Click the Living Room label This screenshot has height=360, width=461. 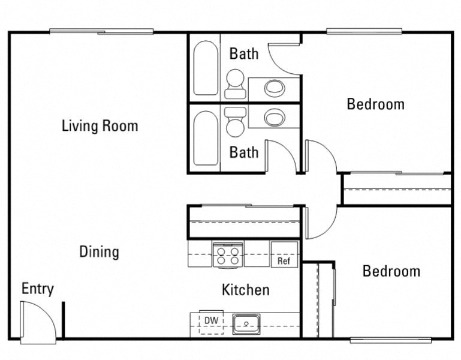tap(100, 126)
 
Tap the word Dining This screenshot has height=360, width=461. tap(99, 252)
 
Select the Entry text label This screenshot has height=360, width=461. tap(38, 289)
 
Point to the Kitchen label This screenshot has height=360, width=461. tap(245, 290)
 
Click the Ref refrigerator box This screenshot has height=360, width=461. tap(284, 254)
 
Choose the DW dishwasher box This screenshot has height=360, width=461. tap(211, 321)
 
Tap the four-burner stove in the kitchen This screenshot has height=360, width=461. tap(228, 254)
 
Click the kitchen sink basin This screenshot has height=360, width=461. tap(246, 324)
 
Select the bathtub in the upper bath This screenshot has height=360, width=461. tap(206, 68)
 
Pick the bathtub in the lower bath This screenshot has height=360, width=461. tap(206, 138)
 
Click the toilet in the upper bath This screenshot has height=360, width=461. tap(235, 83)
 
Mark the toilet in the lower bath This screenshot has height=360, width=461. tap(235, 121)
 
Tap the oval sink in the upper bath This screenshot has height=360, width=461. tap(275, 88)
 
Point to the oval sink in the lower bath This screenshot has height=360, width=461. tap(275, 116)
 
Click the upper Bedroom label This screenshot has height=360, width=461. tap(376, 104)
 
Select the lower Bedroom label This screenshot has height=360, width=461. tap(391, 271)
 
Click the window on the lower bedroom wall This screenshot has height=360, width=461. tap(390, 340)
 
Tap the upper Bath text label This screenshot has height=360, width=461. tap(244, 54)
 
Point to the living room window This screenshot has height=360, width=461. tap(101, 32)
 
